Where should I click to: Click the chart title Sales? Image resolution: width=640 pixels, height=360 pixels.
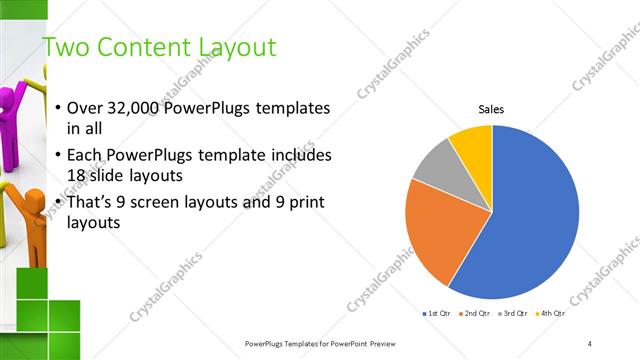point(491,109)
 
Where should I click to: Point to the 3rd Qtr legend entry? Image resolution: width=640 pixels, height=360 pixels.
point(514,314)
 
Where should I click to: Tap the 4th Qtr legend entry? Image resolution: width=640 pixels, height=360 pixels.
point(551,314)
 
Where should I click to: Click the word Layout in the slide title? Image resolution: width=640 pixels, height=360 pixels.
point(234,47)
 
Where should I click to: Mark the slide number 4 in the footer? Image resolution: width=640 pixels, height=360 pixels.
point(590,343)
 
